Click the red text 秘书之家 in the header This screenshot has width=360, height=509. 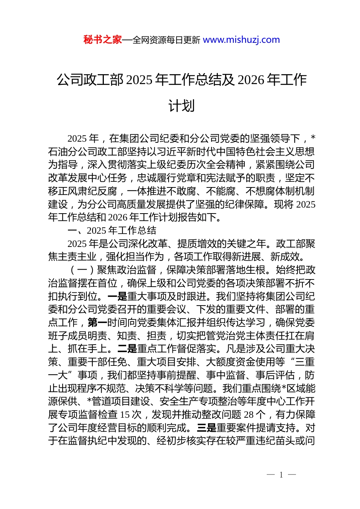103,40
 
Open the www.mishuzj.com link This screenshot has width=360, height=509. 241,40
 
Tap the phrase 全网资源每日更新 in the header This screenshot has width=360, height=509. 166,40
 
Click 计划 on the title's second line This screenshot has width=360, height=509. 182,106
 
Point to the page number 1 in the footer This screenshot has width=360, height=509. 281,475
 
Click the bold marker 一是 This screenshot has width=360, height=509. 117,297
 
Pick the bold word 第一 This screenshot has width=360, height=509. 97,323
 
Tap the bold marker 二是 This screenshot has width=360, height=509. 127,349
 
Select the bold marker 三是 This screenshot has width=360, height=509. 207,428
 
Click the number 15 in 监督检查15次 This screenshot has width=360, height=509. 125,415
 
